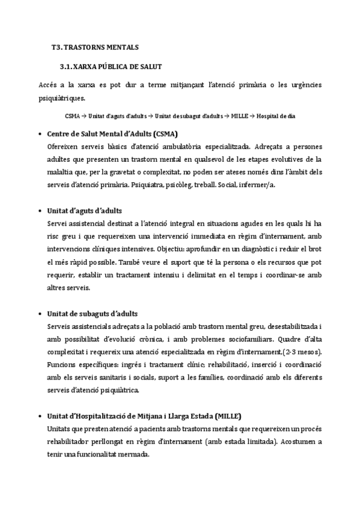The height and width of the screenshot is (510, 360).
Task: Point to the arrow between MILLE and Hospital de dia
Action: coord(252,115)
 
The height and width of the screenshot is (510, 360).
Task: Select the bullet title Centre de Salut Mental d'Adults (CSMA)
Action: coord(112,134)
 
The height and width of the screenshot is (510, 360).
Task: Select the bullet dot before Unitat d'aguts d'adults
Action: coord(39,211)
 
